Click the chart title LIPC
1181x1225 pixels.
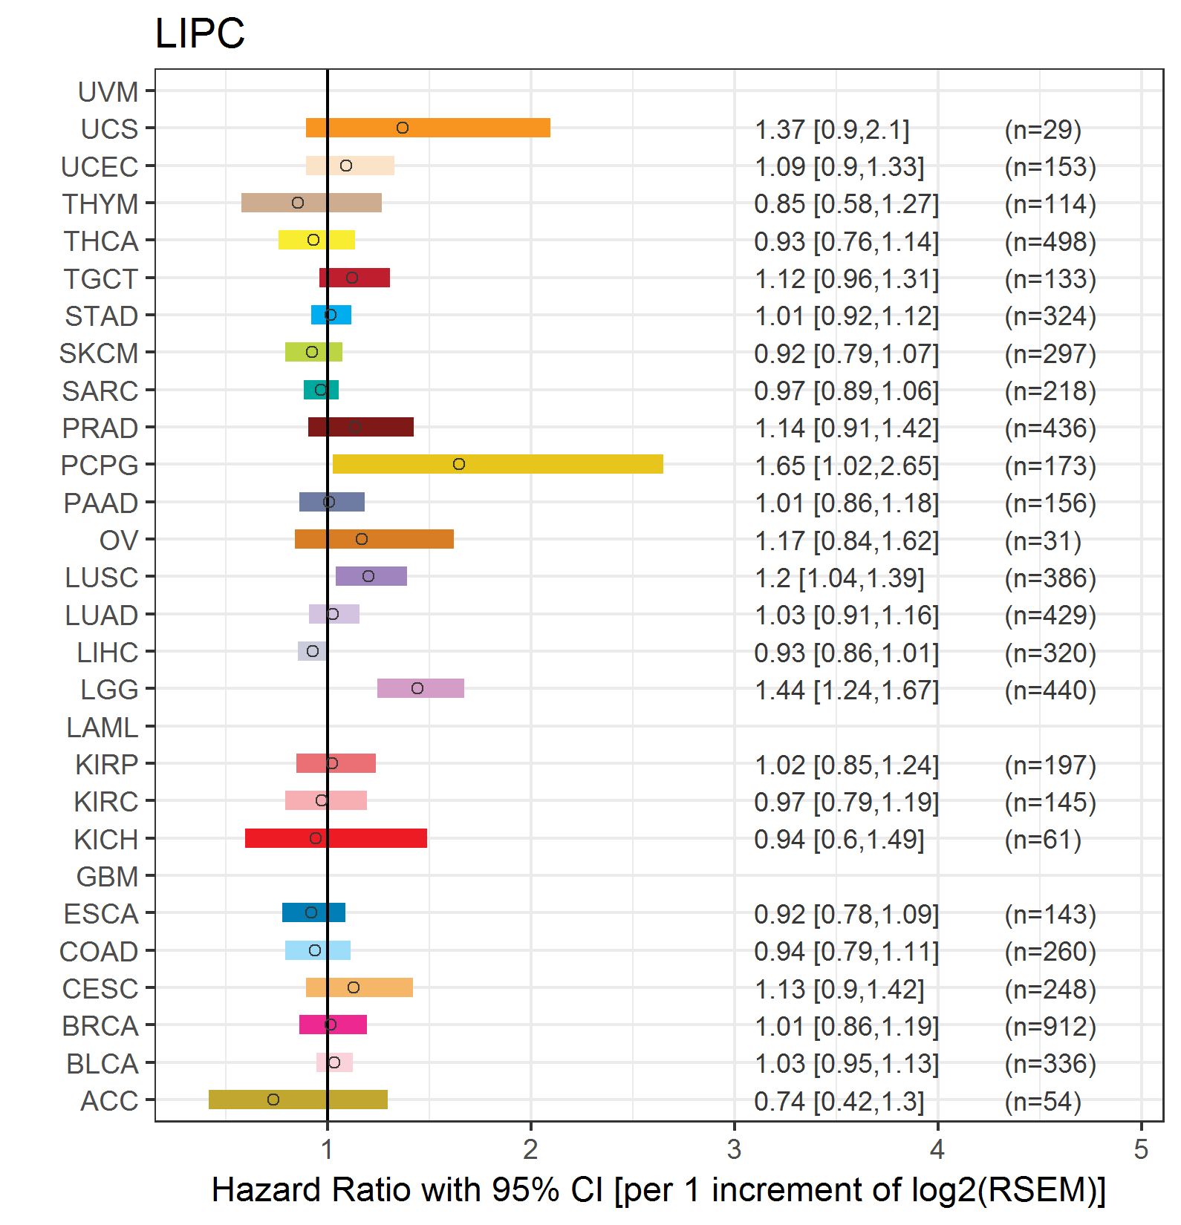click(200, 33)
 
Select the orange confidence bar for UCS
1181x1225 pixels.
click(428, 128)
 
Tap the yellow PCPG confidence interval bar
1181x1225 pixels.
click(498, 464)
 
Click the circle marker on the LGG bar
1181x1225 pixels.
click(417, 688)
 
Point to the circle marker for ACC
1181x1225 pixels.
click(273, 1100)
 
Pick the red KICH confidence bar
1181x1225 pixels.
click(336, 838)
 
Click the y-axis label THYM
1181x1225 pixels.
click(100, 204)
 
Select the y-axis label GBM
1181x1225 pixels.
click(108, 877)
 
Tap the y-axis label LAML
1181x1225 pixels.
click(103, 728)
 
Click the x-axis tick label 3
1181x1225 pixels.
click(734, 1150)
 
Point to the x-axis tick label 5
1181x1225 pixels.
click(1141, 1150)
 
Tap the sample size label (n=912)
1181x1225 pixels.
click(1050, 1027)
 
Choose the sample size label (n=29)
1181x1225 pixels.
click(1043, 130)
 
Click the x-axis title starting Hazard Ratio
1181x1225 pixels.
click(659, 1190)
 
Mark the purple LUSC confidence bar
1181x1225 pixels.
click(371, 576)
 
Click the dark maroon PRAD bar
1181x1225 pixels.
click(361, 427)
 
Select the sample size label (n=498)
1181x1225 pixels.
click(1050, 242)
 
